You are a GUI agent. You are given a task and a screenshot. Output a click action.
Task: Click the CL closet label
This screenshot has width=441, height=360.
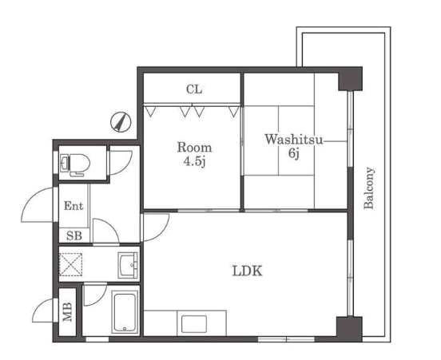(x=194, y=89)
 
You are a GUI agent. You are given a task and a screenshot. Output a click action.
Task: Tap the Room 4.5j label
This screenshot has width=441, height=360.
(x=194, y=154)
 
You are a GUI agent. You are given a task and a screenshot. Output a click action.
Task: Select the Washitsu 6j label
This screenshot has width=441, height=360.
(x=294, y=146)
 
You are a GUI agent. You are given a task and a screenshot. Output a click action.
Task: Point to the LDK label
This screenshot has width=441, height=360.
(x=247, y=271)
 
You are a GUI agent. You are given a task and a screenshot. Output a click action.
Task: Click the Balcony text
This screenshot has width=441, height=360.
(x=369, y=188)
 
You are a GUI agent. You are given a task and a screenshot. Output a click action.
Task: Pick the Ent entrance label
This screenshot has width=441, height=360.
(x=73, y=206)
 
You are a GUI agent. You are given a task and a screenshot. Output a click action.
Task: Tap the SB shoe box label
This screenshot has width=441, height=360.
(x=74, y=235)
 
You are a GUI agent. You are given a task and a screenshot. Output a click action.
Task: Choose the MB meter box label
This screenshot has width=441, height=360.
(x=67, y=311)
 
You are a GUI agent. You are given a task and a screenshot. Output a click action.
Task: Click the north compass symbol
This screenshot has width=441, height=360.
(x=121, y=122)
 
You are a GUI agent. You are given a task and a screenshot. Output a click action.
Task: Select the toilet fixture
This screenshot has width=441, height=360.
(x=75, y=164)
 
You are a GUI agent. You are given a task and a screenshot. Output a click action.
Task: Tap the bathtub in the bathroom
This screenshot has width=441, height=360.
(x=125, y=312)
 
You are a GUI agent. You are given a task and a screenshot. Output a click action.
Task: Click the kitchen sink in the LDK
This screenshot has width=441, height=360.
(x=194, y=324)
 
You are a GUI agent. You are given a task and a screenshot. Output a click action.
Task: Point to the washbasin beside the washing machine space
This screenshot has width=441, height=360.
(x=128, y=265)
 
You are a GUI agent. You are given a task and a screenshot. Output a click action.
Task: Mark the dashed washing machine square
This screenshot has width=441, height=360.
(x=71, y=264)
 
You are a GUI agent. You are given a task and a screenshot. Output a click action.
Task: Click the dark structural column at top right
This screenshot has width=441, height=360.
(x=350, y=79)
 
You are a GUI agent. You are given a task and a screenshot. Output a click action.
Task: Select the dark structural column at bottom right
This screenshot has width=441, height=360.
(x=349, y=329)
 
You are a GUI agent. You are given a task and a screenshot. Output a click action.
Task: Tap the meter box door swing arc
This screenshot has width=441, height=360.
(x=42, y=310)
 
